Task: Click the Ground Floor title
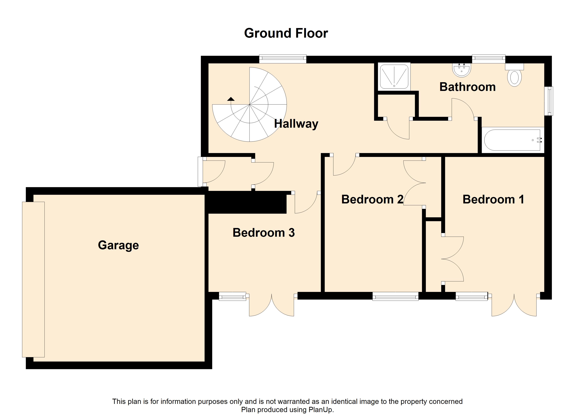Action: point(286,33)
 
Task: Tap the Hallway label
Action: point(296,124)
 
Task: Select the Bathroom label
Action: point(467,87)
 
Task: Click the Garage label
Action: point(118,245)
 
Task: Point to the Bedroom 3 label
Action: point(263,233)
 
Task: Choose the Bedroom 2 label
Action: point(372,199)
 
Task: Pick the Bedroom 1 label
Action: point(493,199)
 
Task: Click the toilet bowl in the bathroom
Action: point(514,78)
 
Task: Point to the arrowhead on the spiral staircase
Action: point(231,99)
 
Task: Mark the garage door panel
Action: point(33,279)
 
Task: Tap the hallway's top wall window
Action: point(283,59)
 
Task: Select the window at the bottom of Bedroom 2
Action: point(395,296)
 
